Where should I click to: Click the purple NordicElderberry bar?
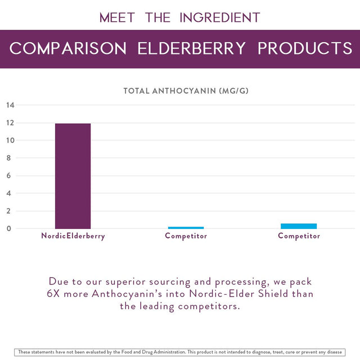tap(73, 175)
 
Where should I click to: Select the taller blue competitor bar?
tap(299, 226)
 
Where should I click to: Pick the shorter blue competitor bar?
tap(186, 228)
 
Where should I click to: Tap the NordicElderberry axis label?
tap(73, 236)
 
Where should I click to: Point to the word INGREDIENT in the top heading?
tap(220, 17)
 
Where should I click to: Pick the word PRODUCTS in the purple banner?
tap(304, 48)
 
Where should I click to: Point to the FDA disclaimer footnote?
tap(180, 352)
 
